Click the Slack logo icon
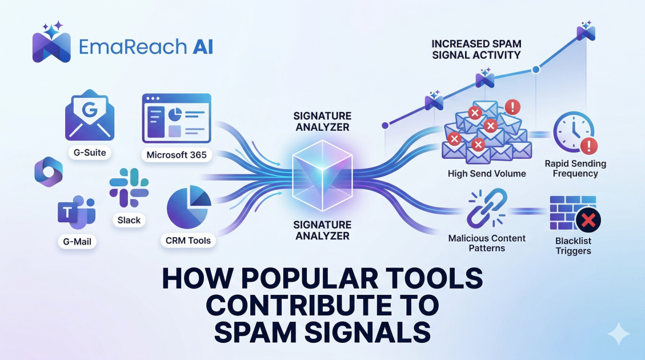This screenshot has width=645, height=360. point(129,188)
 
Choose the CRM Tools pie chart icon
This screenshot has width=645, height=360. point(189,209)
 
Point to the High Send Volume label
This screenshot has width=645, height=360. point(487,174)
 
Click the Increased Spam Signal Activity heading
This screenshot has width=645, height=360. point(476,49)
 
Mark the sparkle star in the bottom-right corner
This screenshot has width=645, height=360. point(619,334)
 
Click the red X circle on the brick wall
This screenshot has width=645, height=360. point(587,219)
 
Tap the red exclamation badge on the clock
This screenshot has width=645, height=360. point(588,146)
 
